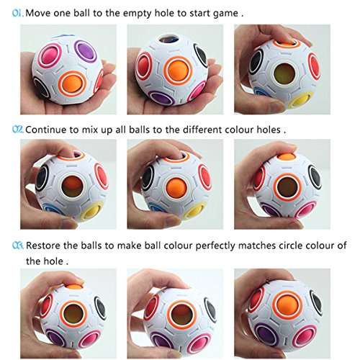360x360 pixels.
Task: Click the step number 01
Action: click(15, 12)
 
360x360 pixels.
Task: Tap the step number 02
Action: click(16, 130)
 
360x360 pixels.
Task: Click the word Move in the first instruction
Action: click(39, 12)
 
